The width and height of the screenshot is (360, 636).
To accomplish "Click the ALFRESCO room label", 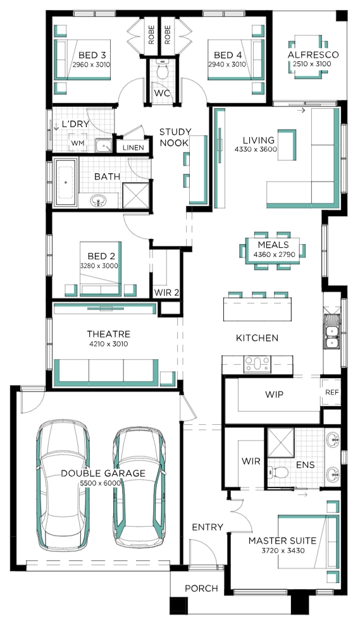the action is tap(313, 55).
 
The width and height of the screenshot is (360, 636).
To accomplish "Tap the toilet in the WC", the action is tap(163, 71).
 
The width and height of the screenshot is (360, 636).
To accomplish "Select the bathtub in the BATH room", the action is tap(66, 182).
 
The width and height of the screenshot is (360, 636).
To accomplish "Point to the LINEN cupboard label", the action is tap(133, 148).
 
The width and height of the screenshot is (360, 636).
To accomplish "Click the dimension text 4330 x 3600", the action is tap(256, 149).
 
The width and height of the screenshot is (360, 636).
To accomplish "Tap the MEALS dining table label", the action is tap(273, 245).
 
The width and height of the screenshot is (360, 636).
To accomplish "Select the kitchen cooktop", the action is tap(257, 364).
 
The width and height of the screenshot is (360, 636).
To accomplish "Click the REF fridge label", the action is tap(332, 393).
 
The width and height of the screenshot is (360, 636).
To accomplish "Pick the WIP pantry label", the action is tap(274, 394).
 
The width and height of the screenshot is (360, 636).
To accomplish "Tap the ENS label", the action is tap(305, 465).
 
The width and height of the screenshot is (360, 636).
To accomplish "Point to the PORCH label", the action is tap(201, 588).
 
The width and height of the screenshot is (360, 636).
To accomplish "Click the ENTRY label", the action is tap(208, 527).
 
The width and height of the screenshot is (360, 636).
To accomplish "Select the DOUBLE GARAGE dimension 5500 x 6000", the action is tap(100, 483).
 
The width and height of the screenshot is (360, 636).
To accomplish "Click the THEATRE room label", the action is tap(108, 334).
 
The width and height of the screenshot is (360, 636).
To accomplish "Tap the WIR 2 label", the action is tap(166, 293).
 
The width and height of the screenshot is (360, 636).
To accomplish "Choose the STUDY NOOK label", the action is tap(175, 137).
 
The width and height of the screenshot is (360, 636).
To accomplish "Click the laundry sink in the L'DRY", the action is tap(104, 145).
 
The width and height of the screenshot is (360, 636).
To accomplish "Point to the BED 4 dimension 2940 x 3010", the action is tap(227, 64).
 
